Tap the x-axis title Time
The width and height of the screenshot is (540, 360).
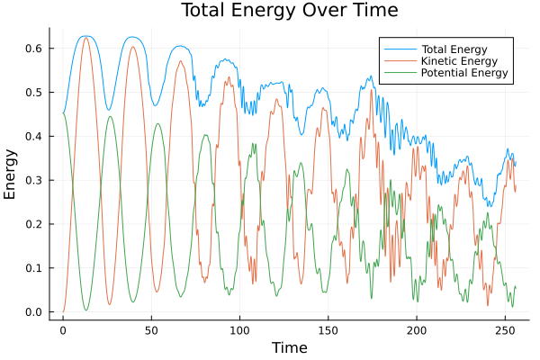click(290, 347)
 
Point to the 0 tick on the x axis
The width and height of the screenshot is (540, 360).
click(63, 329)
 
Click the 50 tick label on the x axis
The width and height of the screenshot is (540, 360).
click(151, 329)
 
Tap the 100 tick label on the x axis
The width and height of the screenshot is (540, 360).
click(239, 329)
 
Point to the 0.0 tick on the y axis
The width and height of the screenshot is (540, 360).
click(33, 312)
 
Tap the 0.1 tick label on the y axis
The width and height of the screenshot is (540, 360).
click(33, 268)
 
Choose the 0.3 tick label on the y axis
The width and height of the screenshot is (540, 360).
click(33, 180)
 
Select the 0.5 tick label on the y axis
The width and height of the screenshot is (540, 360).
click(33, 92)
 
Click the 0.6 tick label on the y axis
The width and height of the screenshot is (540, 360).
click(33, 48)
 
